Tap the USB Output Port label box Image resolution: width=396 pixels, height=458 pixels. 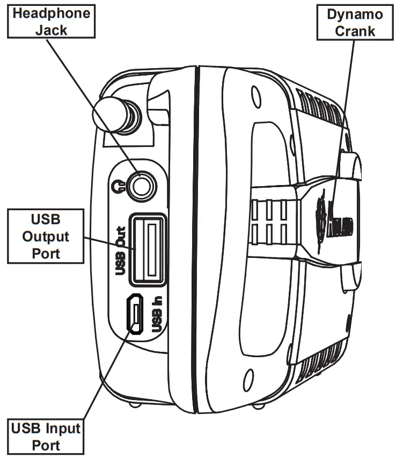tap(45, 235)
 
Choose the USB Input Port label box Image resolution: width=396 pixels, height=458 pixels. tap(45, 437)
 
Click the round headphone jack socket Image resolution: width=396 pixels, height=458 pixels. tap(143, 186)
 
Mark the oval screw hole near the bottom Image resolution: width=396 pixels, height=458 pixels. tap(248, 374)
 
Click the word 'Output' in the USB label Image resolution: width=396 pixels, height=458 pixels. tap(45, 235)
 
